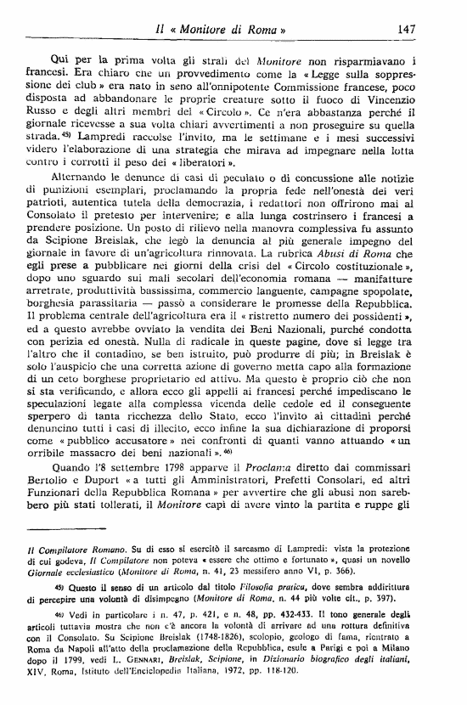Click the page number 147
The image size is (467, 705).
[405, 29]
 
